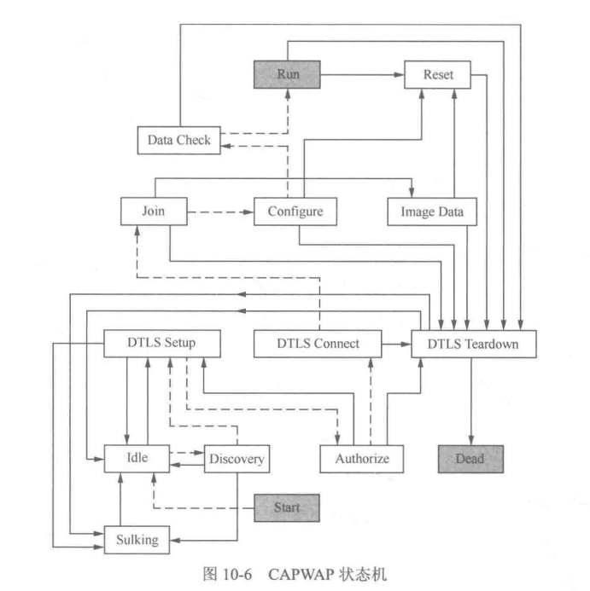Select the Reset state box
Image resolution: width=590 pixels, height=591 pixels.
[x=438, y=75]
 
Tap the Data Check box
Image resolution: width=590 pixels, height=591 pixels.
[x=179, y=140]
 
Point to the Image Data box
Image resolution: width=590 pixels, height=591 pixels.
[x=432, y=211]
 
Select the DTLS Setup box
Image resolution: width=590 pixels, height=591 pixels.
[x=161, y=344]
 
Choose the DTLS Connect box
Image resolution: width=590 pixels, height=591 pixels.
[x=318, y=345]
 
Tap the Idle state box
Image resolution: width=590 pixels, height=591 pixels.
[x=137, y=458]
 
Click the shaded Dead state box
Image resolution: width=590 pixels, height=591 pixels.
[x=470, y=459]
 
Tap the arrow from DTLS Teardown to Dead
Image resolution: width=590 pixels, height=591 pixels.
[x=470, y=401]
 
